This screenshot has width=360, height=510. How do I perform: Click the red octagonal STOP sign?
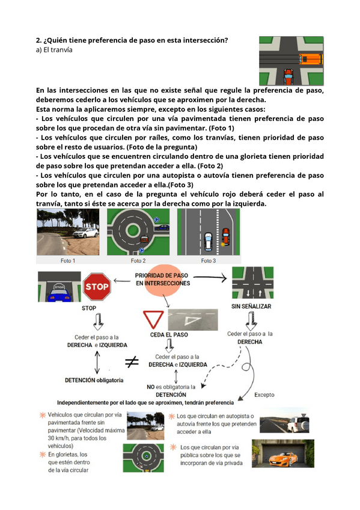97,286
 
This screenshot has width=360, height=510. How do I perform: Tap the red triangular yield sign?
153,319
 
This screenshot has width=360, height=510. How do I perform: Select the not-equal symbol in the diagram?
132,361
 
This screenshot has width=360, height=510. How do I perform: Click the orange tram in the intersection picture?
310,59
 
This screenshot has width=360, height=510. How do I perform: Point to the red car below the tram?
288,77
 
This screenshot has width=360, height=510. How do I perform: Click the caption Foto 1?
68,260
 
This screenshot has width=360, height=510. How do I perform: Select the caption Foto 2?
138,260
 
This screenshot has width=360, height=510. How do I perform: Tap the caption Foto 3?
209,260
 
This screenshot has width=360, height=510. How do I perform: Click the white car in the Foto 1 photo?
85,233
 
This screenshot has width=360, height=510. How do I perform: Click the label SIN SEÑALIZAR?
251,306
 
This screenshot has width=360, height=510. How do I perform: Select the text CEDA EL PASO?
169,334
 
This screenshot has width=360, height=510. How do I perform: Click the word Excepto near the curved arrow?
264,395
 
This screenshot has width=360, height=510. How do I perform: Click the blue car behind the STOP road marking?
59,295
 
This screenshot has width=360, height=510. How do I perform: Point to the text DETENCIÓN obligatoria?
94,380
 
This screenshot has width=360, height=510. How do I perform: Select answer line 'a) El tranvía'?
54,50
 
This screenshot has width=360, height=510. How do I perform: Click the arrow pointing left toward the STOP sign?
122,281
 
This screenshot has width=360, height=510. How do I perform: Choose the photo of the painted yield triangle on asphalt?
193,320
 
